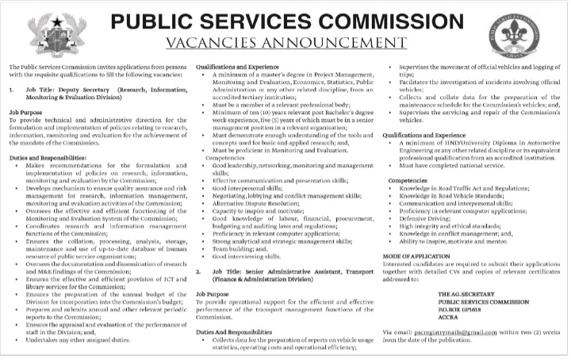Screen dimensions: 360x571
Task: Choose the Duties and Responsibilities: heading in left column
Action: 48,137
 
